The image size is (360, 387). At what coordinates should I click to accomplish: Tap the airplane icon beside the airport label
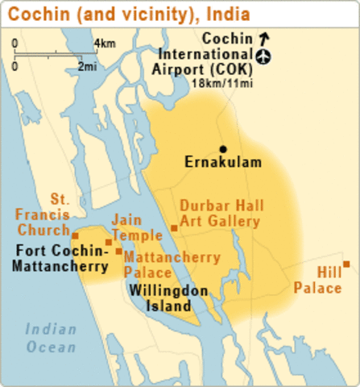point(263,56)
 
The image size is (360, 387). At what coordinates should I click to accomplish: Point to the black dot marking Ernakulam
point(223,149)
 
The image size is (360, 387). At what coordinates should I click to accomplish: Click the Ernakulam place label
point(222,163)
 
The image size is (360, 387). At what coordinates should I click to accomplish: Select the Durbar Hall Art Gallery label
point(221,213)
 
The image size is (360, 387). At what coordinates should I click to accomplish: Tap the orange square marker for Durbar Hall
point(174,228)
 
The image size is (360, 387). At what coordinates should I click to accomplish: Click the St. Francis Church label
point(52,214)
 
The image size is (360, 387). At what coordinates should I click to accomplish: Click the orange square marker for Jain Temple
point(109,241)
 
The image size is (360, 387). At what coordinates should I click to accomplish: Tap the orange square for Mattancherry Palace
point(119,252)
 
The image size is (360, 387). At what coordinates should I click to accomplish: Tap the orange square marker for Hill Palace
point(346,264)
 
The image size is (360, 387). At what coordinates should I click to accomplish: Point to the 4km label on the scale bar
point(105,43)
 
